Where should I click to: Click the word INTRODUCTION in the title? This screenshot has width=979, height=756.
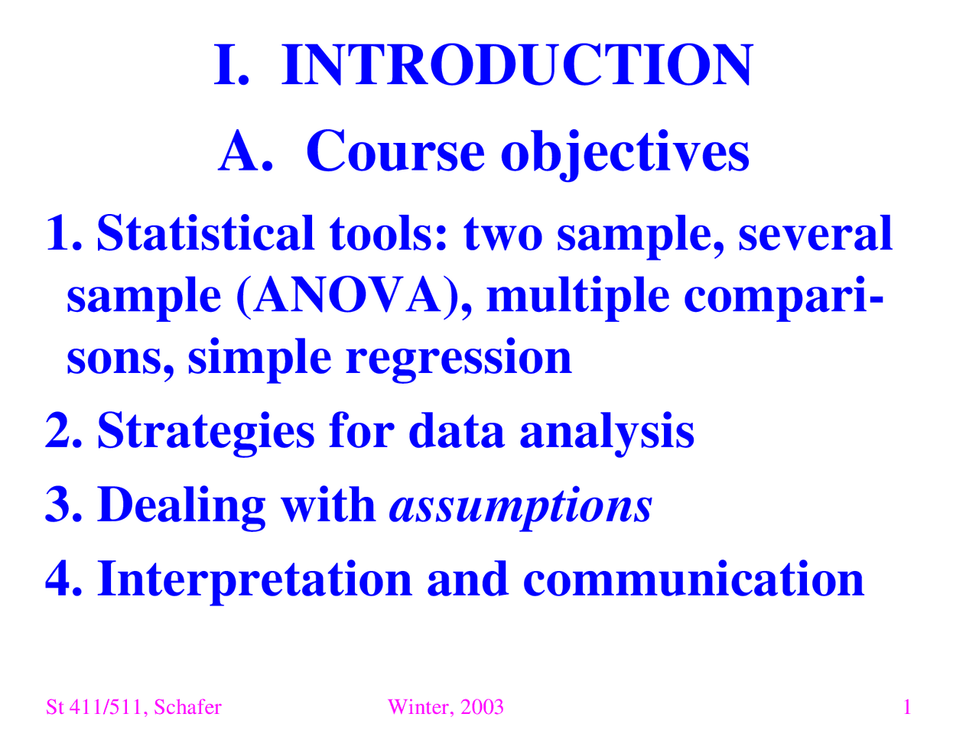pos(517,66)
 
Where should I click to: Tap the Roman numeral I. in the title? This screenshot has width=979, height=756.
pos(230,66)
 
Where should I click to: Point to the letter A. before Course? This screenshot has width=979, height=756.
pos(245,151)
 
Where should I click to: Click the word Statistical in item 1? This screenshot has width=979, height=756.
pos(205,233)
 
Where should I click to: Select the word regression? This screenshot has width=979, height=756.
pos(458,358)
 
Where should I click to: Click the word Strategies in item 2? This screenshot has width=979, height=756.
pos(206,431)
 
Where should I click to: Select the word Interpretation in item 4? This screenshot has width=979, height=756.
pos(255,579)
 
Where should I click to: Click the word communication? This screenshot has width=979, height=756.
pos(694,579)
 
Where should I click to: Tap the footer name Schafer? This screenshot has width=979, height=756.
pos(187,707)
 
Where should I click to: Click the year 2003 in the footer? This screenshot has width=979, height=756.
pos(482,707)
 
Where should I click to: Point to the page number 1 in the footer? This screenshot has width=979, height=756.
pos(907,707)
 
